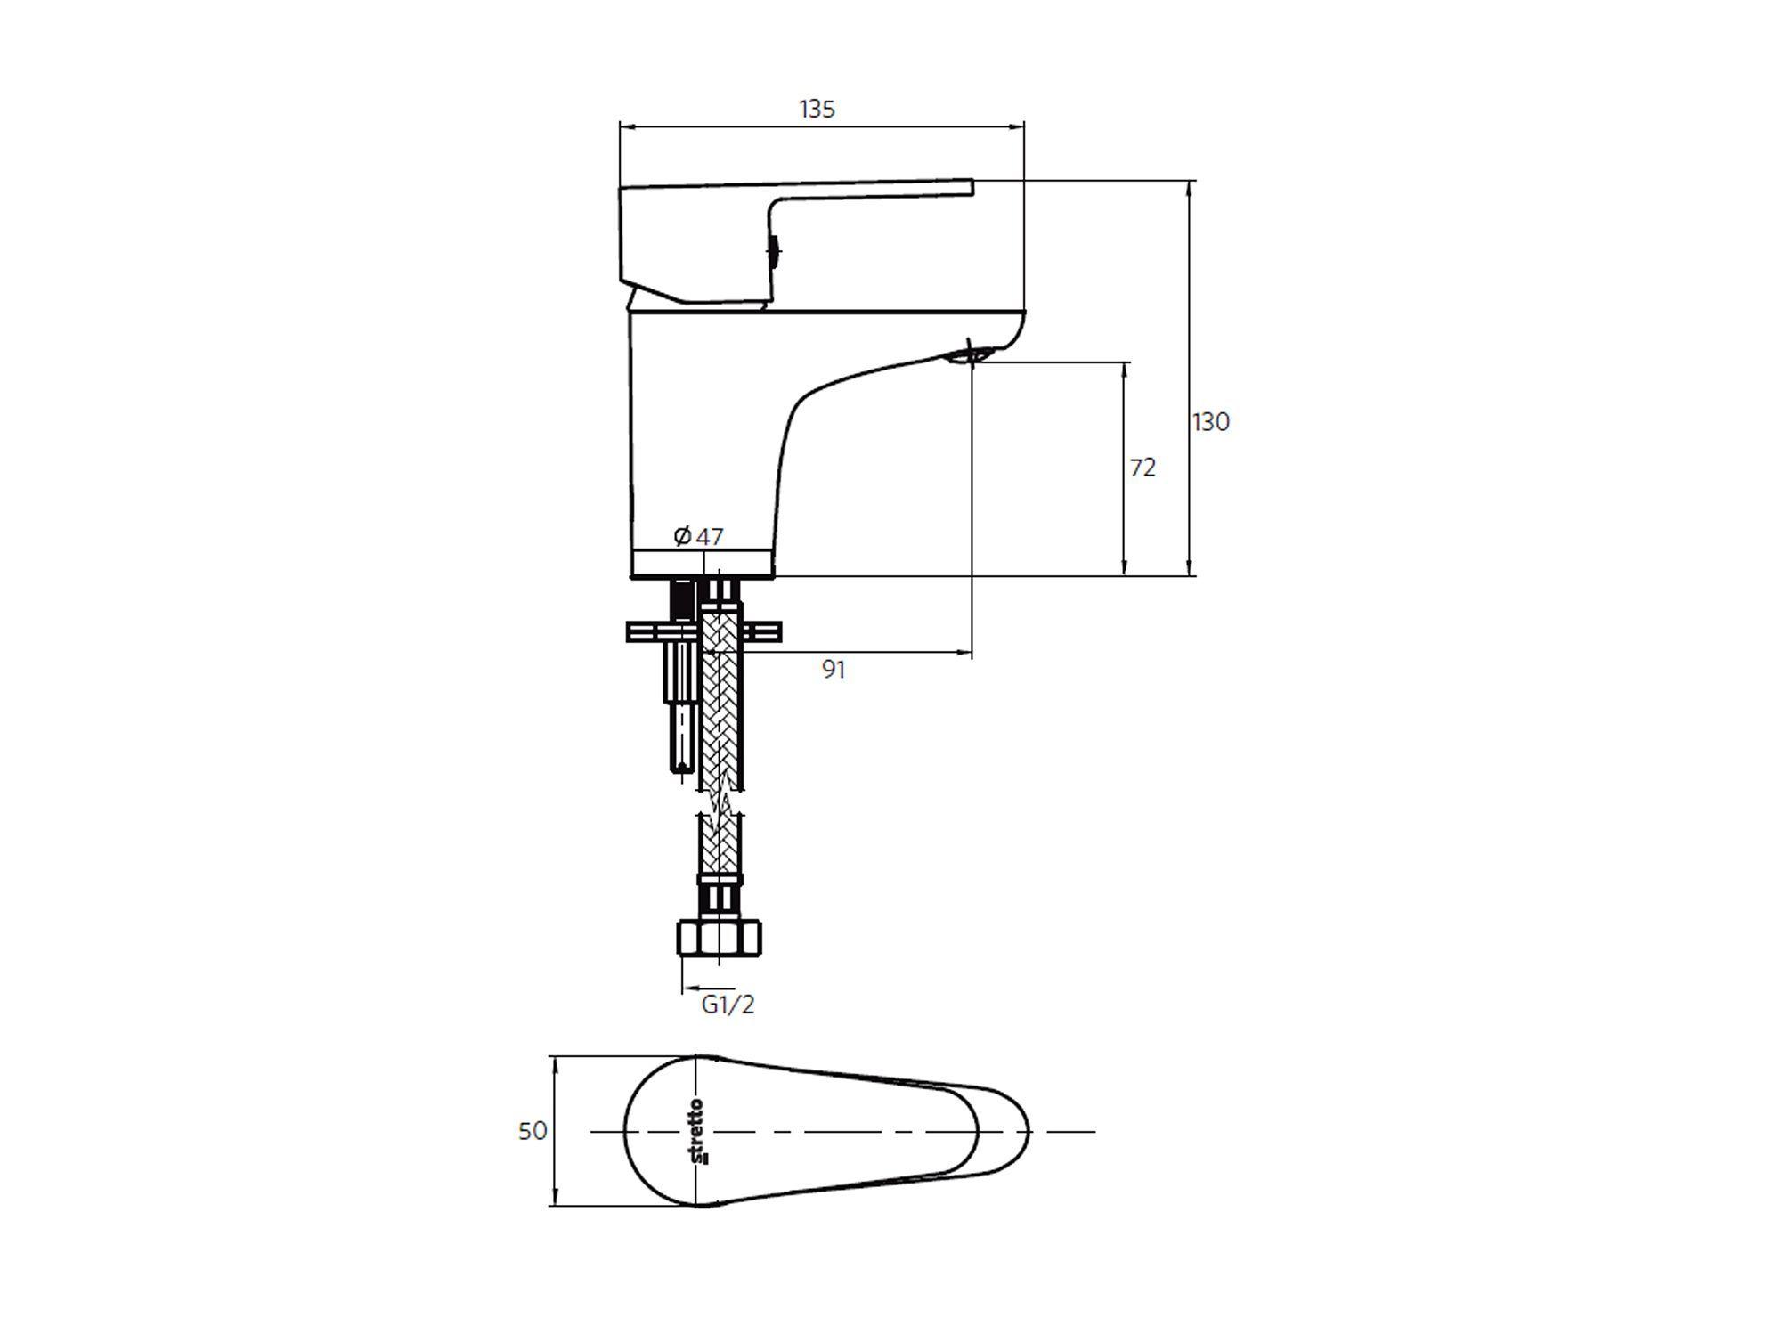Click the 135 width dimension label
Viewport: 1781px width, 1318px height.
point(817,109)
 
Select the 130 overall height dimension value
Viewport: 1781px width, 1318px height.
point(1211,421)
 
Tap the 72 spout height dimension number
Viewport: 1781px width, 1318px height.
point(1143,468)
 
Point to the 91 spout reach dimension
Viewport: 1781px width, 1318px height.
point(834,670)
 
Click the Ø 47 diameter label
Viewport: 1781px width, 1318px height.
point(698,536)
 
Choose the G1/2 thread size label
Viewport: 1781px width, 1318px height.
point(728,1005)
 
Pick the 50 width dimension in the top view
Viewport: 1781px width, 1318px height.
point(533,1131)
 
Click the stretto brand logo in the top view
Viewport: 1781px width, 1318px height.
point(697,1132)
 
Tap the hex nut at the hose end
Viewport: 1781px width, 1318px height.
point(720,938)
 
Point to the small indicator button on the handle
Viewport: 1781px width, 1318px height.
point(775,251)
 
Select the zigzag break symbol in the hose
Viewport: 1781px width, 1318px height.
point(722,803)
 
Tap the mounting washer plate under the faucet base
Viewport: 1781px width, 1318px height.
point(703,631)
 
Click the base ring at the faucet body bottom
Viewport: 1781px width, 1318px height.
point(703,563)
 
